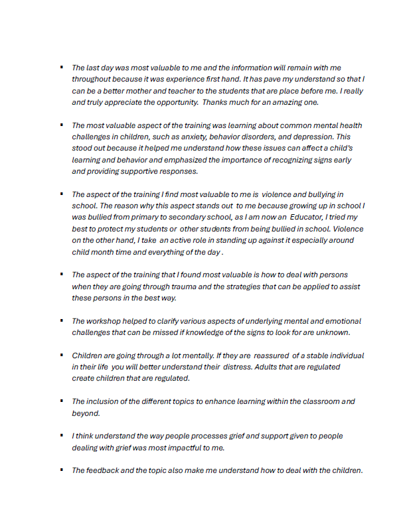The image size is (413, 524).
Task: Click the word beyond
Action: point(86,413)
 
